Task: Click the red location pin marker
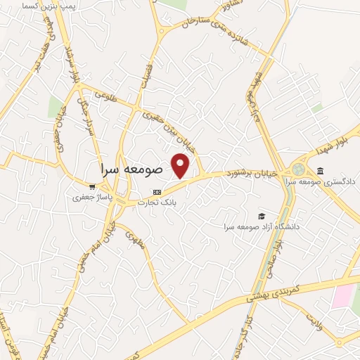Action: click(x=181, y=165)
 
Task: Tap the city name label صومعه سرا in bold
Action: click(x=131, y=169)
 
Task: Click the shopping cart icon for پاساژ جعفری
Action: click(x=92, y=186)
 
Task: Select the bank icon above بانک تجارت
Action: click(x=157, y=191)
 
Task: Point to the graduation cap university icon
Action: click(x=262, y=215)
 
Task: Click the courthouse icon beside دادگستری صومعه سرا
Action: click(x=321, y=171)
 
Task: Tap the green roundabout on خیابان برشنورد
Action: click(x=300, y=169)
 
